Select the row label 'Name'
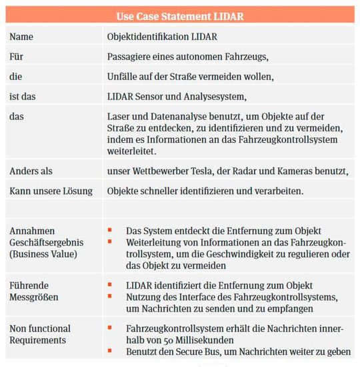21,37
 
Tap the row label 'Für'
17,57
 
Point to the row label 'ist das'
23,97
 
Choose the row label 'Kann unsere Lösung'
50,191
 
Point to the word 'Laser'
119,116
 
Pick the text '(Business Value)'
43,255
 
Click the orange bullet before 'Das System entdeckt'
111,231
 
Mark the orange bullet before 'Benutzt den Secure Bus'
111,352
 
